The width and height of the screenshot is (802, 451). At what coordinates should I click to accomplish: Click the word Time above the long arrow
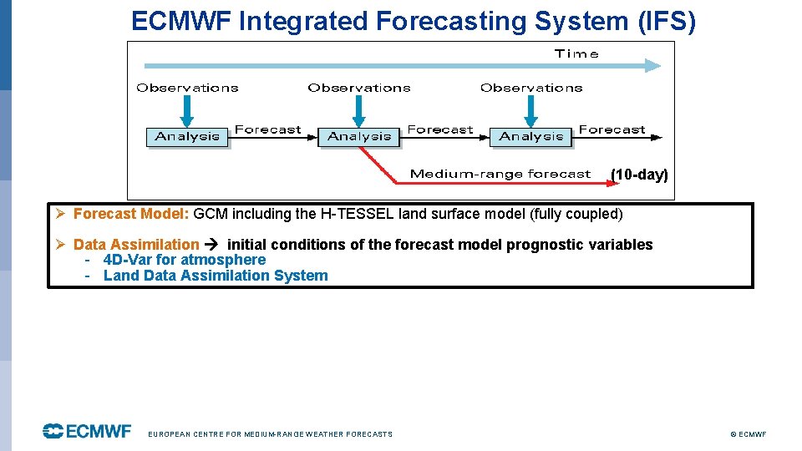pos(576,53)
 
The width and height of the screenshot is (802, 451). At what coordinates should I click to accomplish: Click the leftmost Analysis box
pos(187,137)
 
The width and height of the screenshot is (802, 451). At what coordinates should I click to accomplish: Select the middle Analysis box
pos(359,137)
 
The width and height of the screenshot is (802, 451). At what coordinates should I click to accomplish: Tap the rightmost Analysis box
pos(530,137)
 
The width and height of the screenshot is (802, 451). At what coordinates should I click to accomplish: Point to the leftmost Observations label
pos(187,88)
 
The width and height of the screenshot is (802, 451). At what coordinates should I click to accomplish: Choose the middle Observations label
pos(359,88)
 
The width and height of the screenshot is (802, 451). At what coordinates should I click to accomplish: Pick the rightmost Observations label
pos(531,88)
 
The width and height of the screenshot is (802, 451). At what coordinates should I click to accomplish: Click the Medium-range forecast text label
pos(500,175)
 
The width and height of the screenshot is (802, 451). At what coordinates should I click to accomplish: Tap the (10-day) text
pos(639,175)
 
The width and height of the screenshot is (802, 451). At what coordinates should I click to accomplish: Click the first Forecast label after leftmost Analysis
pos(267,129)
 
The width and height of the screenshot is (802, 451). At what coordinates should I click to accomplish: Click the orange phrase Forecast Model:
pos(131,214)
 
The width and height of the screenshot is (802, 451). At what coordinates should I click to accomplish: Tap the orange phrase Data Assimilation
pos(136,245)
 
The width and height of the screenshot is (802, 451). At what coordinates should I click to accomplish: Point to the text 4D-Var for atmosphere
pos(184,260)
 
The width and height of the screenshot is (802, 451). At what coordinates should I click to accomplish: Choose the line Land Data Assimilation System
pos(216,276)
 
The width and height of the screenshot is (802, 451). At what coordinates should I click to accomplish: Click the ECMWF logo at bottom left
pos(88,431)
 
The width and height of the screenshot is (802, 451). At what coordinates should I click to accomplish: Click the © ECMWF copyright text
pos(748,434)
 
